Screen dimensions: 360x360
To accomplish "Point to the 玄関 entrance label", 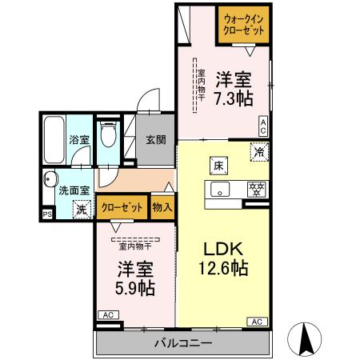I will click(x=156, y=139).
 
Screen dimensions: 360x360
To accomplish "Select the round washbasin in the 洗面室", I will click(x=50, y=178).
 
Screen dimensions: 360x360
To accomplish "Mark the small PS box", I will click(x=46, y=214).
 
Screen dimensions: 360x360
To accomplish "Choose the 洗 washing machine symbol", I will click(x=80, y=210).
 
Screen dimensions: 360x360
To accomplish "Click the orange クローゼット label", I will click(x=122, y=207).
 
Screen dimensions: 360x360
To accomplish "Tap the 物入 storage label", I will click(x=162, y=207).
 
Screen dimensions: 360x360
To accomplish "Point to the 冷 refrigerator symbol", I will click(x=258, y=150).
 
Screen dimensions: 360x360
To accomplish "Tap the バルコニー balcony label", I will click(x=183, y=342).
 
